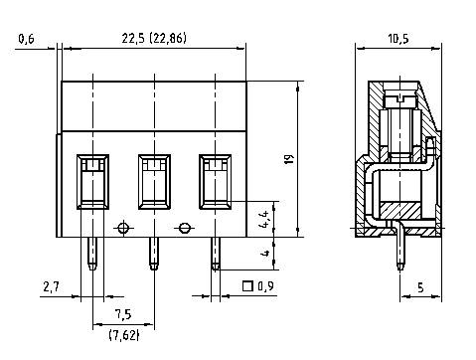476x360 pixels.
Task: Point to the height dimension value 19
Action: [x=289, y=160]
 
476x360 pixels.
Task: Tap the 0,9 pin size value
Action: [x=265, y=288]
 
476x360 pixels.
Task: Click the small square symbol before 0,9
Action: [x=246, y=288]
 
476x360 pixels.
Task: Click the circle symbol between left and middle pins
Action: [x=123, y=228]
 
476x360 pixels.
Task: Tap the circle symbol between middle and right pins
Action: [x=184, y=228]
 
